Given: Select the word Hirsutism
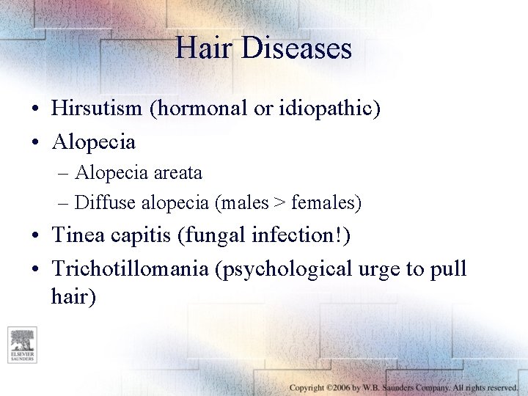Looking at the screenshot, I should (x=98, y=109).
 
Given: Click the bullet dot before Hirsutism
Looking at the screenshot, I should (x=36, y=110).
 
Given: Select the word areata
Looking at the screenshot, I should (x=178, y=174).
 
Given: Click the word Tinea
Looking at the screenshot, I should (x=76, y=236).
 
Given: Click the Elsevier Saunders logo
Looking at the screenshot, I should (x=23, y=345).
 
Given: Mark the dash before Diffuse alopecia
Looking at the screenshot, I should (x=63, y=202).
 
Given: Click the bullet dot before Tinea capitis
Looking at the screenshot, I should (x=36, y=237).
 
